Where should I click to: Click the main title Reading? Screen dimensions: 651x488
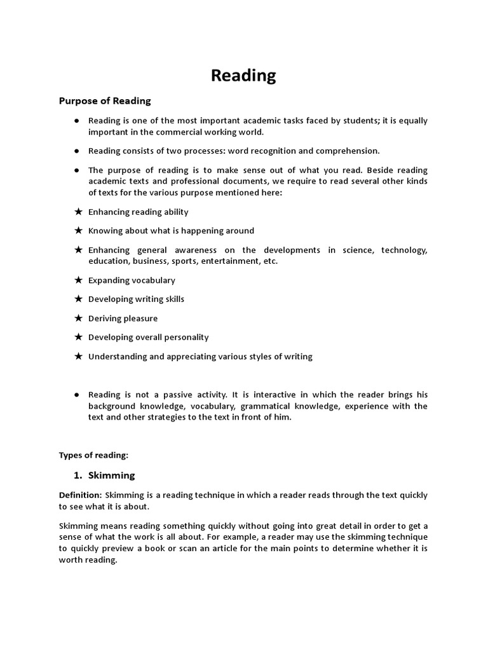[x=243, y=76]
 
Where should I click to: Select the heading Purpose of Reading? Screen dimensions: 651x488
[x=105, y=101]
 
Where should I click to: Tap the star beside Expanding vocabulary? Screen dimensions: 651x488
[x=78, y=280]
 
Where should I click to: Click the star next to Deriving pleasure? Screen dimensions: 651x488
[x=78, y=319]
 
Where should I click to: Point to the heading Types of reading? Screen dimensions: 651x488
[x=93, y=455]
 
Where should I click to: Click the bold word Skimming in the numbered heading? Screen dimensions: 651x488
[x=112, y=475]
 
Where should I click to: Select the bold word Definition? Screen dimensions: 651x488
[x=80, y=495]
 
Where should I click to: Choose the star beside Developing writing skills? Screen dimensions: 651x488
[x=78, y=299]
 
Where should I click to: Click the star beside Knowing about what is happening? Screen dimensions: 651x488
[x=78, y=231]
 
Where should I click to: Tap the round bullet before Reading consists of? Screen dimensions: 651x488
[x=76, y=151]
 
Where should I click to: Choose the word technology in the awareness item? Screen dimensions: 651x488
[x=403, y=250]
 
